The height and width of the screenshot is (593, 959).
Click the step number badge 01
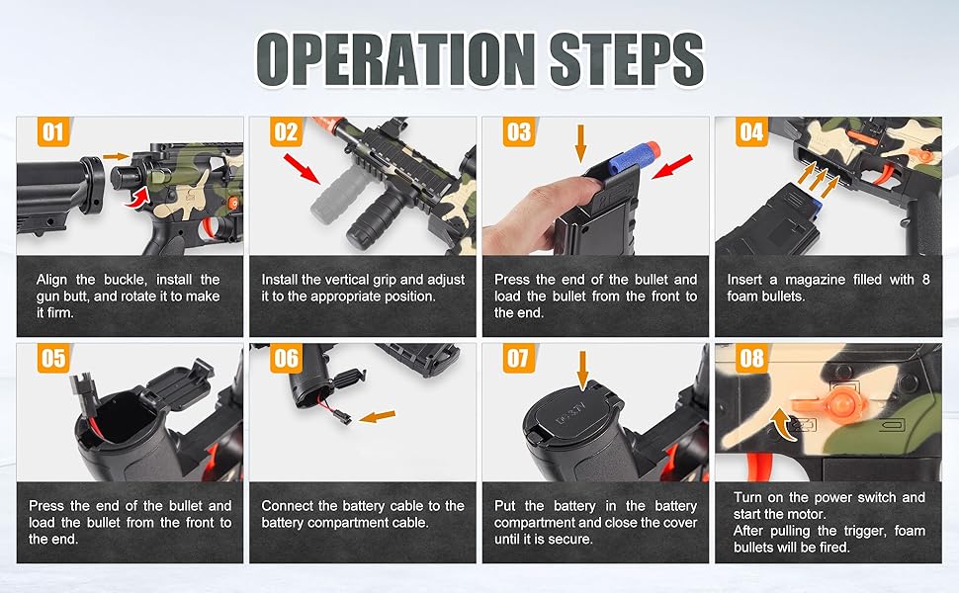pos(53,131)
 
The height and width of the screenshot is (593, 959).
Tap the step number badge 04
pos(751,131)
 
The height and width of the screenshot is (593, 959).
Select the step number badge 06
pos(287,358)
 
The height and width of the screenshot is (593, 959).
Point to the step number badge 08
pos(751,358)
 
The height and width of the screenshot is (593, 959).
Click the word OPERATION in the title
pos(395,59)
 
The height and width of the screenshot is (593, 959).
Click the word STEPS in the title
pos(627,59)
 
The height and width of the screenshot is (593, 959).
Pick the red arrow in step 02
pos(303,169)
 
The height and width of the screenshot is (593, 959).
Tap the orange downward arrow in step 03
pos(581,143)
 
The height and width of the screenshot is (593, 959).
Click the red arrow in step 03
pos(672,167)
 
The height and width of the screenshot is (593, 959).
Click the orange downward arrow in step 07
pos(582,370)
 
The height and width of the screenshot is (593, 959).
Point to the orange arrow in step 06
pos(378,416)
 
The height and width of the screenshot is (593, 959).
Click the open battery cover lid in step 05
pos(177,383)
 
